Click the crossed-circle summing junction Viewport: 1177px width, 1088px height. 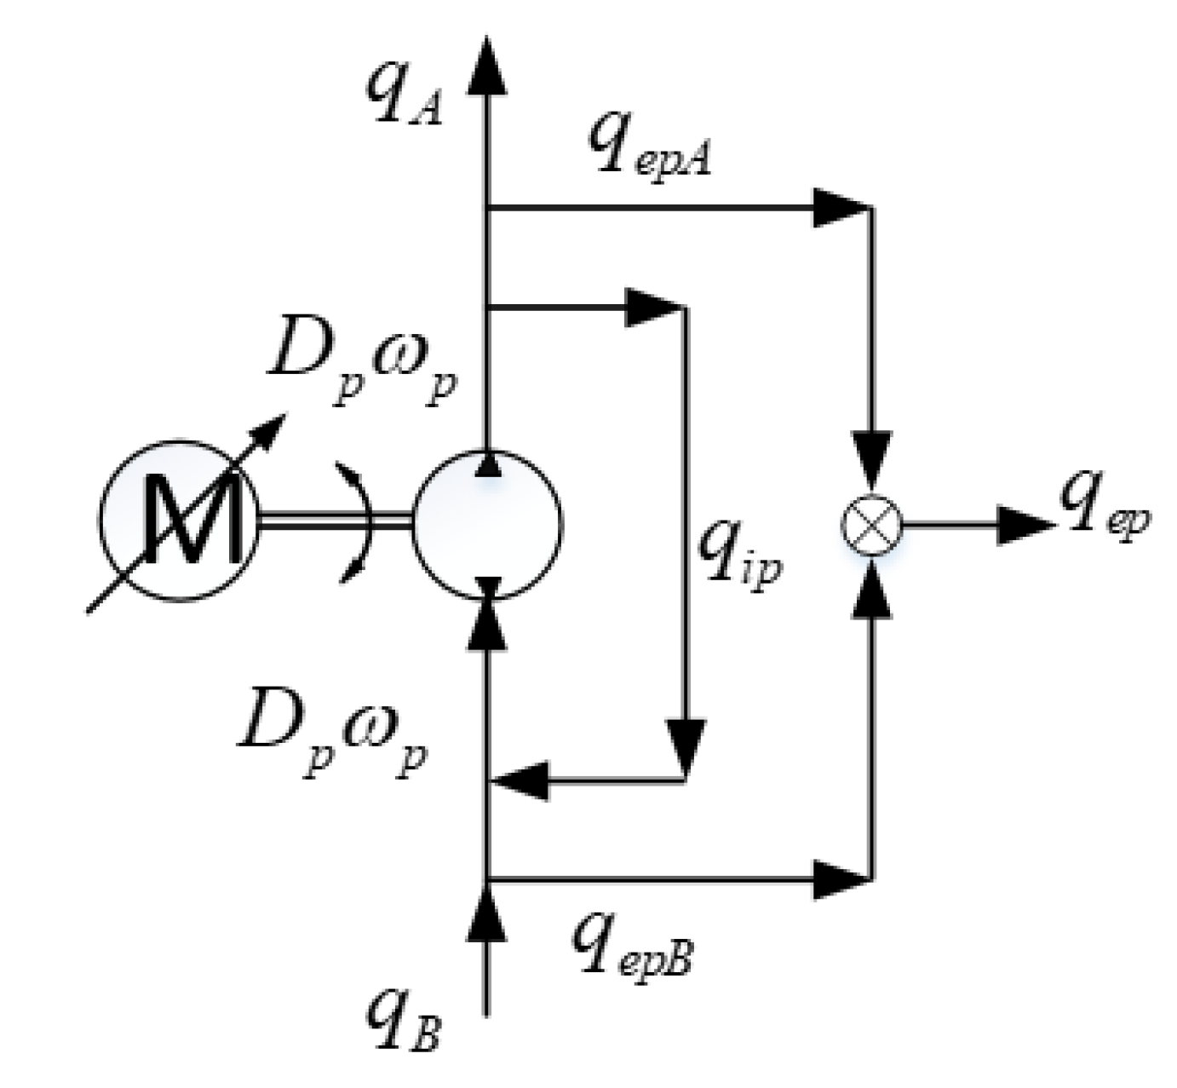[870, 523]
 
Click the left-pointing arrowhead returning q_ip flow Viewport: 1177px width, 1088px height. [521, 780]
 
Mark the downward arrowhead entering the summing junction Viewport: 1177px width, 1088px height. [870, 460]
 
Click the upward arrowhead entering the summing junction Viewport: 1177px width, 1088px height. [870, 588]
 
